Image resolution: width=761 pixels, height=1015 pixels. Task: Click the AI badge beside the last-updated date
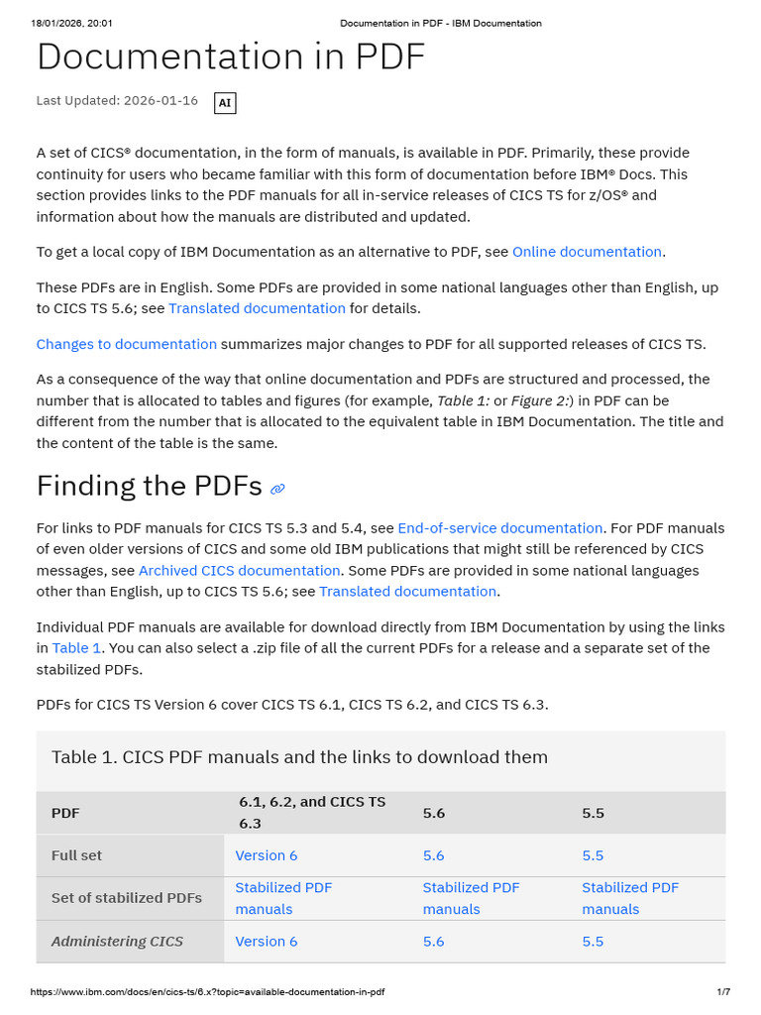(x=225, y=102)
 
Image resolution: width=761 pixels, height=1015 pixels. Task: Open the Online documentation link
(x=587, y=252)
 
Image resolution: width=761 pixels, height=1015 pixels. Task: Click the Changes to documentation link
(x=126, y=344)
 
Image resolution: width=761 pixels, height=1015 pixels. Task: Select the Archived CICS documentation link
(x=239, y=571)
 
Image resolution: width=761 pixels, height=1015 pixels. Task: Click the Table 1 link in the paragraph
(x=76, y=648)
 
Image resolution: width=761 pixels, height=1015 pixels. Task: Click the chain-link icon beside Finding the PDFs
(x=277, y=489)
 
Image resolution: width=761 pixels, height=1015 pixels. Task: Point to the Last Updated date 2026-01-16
(x=162, y=101)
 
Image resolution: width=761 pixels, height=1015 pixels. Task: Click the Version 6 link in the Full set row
(x=266, y=855)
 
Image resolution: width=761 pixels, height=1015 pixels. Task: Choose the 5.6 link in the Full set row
(x=433, y=855)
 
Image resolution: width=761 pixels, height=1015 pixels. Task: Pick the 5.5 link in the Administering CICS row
(x=593, y=942)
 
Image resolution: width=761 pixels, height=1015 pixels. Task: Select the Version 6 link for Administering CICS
(x=266, y=942)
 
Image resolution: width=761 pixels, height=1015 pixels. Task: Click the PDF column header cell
(x=65, y=813)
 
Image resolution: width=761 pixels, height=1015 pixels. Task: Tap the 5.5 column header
(x=593, y=813)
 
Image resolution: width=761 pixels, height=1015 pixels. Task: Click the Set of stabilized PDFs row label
(x=126, y=898)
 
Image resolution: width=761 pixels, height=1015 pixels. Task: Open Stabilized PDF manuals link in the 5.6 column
(x=471, y=898)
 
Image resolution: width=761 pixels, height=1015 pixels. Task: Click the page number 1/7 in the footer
(x=723, y=992)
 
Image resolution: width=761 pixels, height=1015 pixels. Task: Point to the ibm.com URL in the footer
(x=207, y=992)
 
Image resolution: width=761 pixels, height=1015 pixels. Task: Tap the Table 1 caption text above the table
(x=299, y=757)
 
